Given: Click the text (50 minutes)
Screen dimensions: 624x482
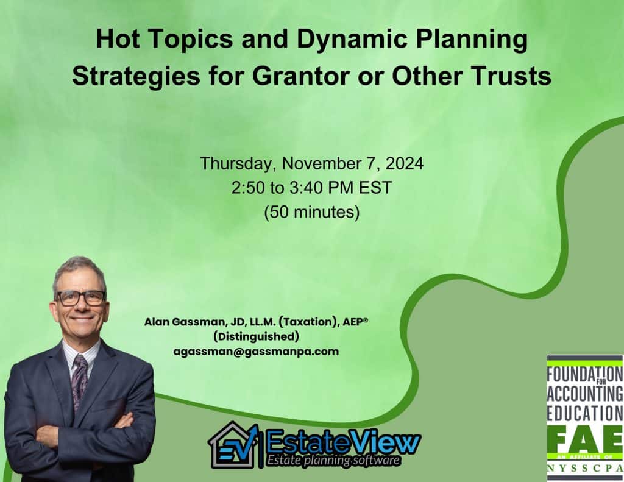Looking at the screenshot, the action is pyautogui.click(x=311, y=212).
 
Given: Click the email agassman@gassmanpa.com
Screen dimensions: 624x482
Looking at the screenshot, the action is pyautogui.click(x=256, y=352).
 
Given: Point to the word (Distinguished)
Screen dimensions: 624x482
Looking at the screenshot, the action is pyautogui.click(x=256, y=337).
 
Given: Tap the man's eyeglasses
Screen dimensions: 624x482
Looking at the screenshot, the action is pyautogui.click(x=81, y=298).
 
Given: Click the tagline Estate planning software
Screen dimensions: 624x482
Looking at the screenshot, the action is pyautogui.click(x=333, y=461).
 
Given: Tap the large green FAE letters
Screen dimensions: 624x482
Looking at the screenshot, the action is pyautogui.click(x=585, y=441).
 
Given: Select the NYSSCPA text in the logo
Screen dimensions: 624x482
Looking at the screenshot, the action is pyautogui.click(x=585, y=469).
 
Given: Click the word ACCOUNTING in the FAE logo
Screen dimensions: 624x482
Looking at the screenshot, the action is pyautogui.click(x=585, y=394).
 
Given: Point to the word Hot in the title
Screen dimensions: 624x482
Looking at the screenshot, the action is pyautogui.click(x=118, y=40).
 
